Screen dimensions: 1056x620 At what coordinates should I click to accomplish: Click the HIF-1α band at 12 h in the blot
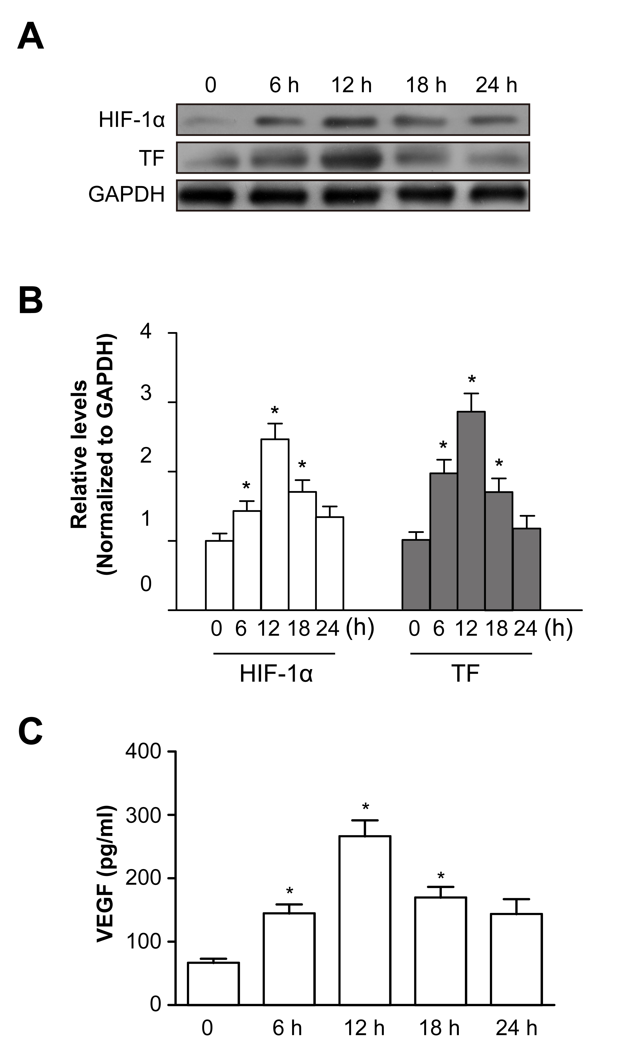(x=351, y=122)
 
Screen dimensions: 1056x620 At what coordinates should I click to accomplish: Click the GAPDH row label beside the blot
(x=126, y=195)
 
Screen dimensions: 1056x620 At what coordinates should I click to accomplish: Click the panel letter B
(x=31, y=301)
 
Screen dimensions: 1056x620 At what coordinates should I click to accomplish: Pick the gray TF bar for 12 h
(x=471, y=510)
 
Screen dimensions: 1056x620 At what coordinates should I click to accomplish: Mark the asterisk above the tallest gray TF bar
(x=472, y=380)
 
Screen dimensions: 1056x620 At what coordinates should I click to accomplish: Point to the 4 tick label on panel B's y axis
(x=146, y=332)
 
